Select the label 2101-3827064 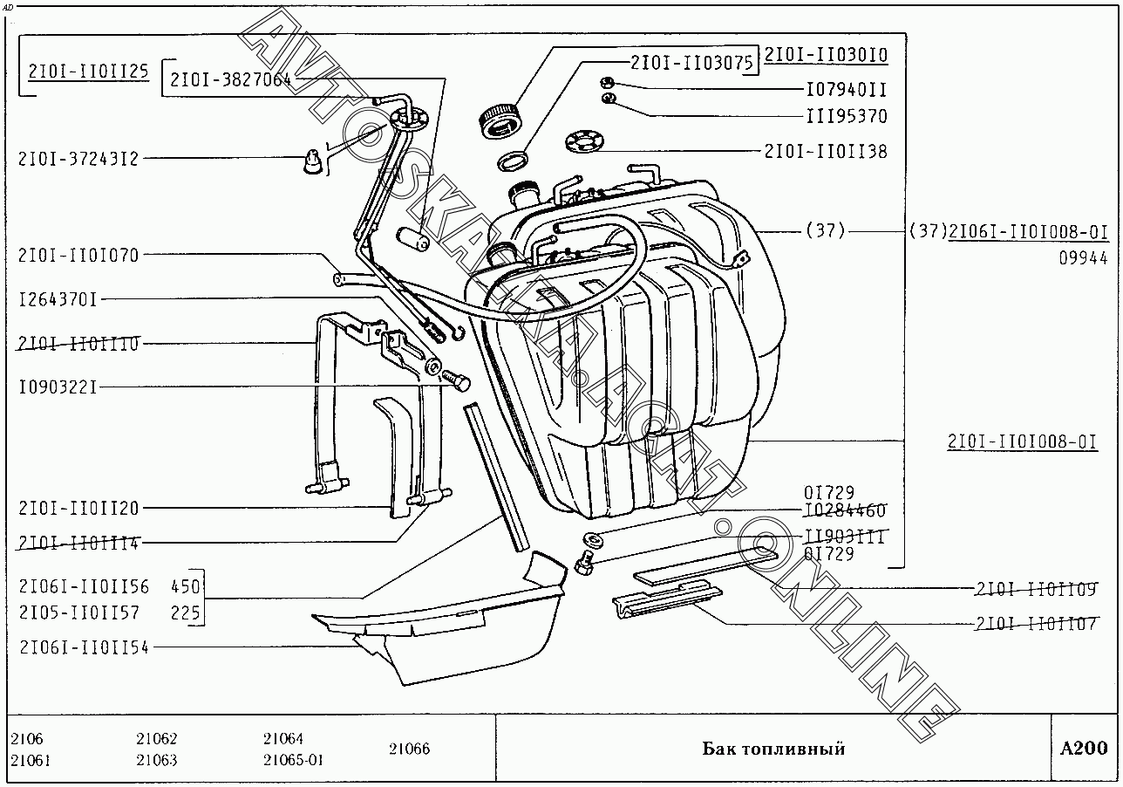[230, 79]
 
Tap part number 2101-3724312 [78, 159]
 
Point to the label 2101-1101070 [78, 255]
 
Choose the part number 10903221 [58, 386]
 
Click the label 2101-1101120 [78, 508]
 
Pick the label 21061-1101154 [84, 647]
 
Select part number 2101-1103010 [826, 56]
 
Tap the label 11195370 [846, 116]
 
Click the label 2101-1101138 [825, 151]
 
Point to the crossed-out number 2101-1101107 [1035, 624]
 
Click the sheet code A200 [1084, 748]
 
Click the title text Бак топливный [773, 749]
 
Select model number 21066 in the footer [409, 749]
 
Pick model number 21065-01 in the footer [293, 759]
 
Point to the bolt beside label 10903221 [455, 380]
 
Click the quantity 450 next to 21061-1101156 [186, 585]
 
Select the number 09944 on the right [1083, 257]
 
